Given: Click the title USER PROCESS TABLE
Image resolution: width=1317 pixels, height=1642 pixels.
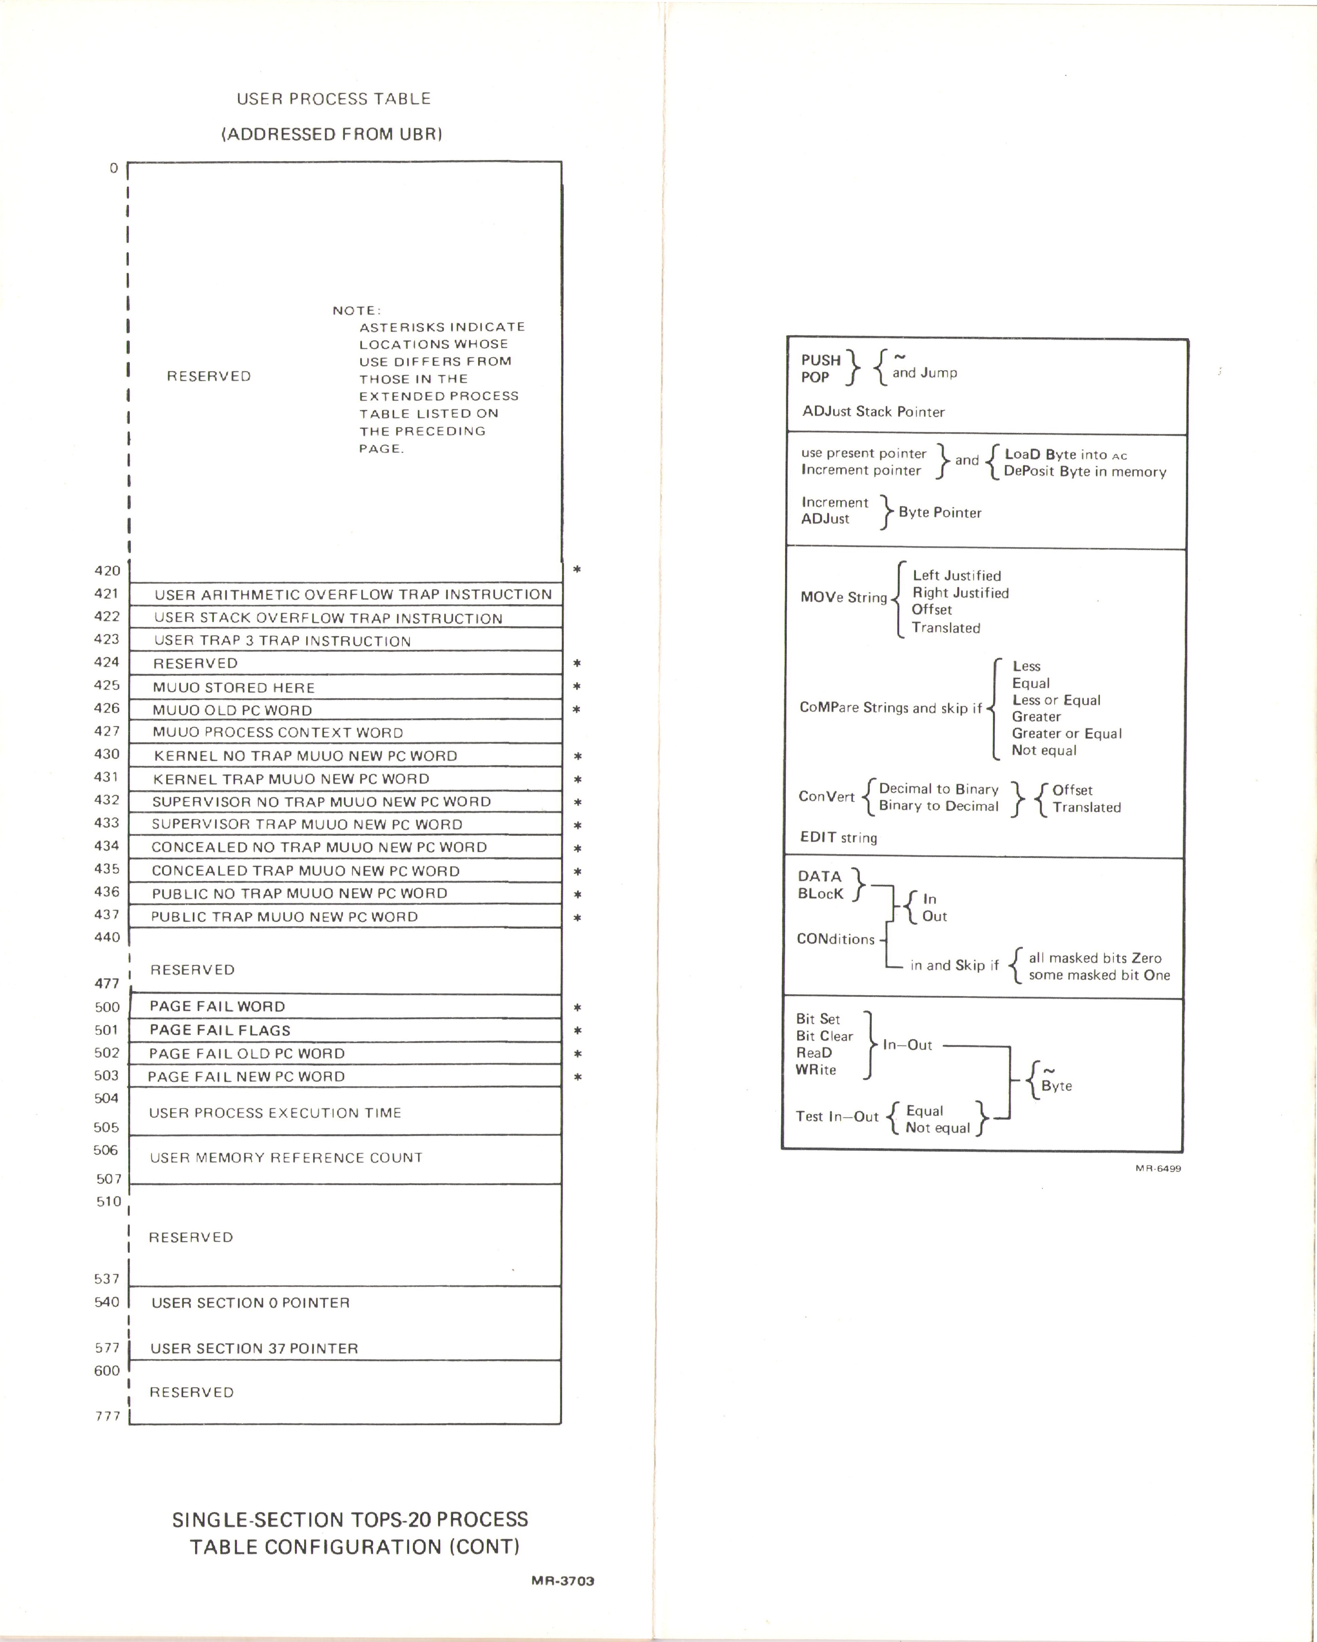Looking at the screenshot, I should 334,99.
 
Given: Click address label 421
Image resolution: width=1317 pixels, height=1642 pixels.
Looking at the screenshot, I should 107,593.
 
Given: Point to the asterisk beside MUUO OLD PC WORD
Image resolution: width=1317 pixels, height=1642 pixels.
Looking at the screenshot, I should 577,710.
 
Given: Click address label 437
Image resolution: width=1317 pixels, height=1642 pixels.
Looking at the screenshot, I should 107,915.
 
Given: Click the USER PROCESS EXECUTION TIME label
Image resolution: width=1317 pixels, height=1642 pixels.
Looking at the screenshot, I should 275,1113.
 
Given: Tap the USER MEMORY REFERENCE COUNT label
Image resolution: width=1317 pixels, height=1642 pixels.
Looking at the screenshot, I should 287,1158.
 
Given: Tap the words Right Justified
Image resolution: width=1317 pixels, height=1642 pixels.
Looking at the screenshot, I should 960,593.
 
